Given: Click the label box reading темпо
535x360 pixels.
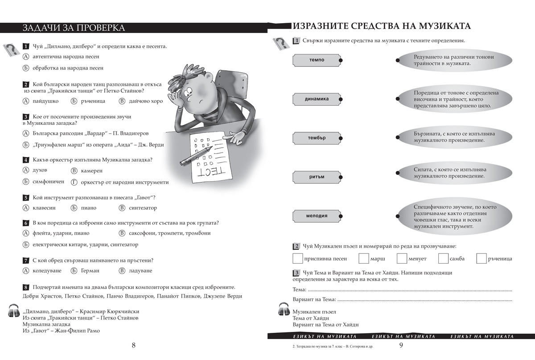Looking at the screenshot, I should pos(316,60).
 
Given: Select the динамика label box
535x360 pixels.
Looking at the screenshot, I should pos(316,99).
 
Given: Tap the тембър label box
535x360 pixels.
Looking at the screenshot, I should pos(316,138).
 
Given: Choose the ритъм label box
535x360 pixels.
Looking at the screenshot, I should pos(316,177).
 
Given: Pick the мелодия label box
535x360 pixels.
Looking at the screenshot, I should pos(316,216).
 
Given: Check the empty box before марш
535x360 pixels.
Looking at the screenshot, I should pos(364,258).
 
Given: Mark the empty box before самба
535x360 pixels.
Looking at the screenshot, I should pos(443,258).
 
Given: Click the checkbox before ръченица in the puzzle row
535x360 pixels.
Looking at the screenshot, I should pos(481,258).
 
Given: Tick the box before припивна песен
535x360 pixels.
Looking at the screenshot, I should pos(297,258).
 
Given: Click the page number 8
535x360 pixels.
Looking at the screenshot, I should pos(134,345).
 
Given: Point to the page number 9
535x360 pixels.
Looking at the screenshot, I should pos(401,345).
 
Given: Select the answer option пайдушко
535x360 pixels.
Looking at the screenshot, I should pos(46,101).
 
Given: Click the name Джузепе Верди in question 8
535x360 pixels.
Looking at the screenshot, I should pos(222,296).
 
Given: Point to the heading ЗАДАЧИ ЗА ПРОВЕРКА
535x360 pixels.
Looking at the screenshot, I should pos(74,28).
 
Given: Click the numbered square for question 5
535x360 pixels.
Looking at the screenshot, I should pos(26,198).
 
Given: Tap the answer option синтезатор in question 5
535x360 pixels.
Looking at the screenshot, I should pos(143,208).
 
